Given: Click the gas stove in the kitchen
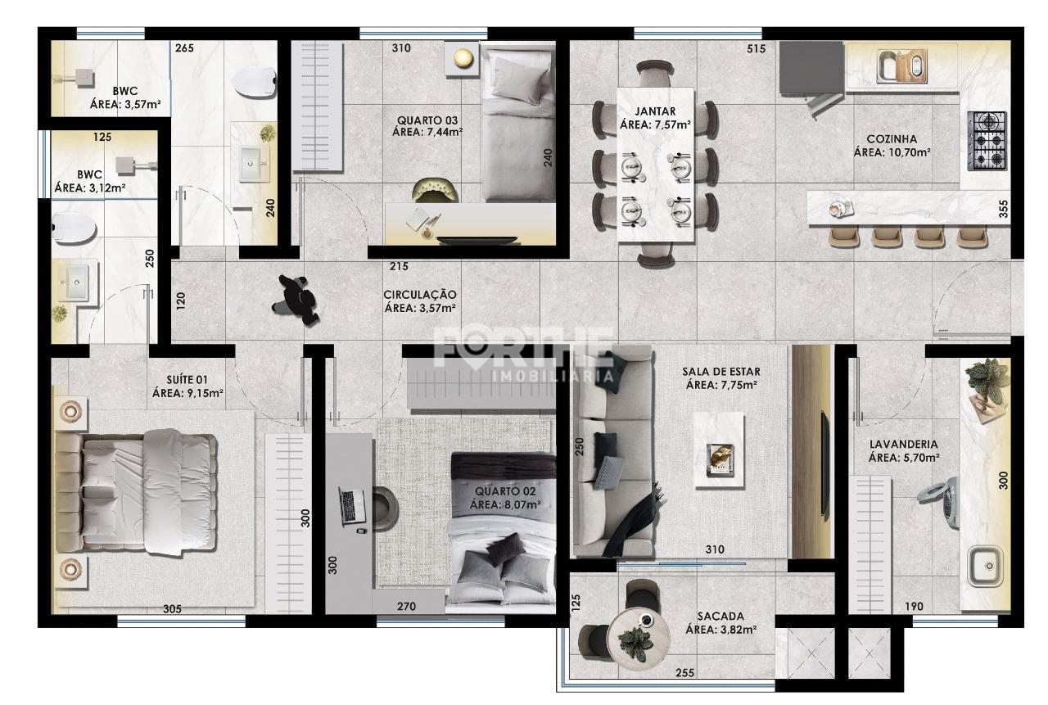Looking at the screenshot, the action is pyautogui.click(x=987, y=141).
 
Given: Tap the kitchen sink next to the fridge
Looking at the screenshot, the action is pyautogui.click(x=901, y=66).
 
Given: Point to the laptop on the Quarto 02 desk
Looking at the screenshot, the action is pyautogui.click(x=352, y=506).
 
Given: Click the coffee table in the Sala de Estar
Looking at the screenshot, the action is pyautogui.click(x=719, y=450).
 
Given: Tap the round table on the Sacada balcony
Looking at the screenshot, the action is pyautogui.click(x=639, y=639).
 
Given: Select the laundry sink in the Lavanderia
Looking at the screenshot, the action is pyautogui.click(x=985, y=566).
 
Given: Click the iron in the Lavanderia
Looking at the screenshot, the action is pyautogui.click(x=939, y=502).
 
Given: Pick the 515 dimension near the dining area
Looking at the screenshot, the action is pyautogui.click(x=756, y=48).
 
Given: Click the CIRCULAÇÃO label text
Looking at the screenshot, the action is pyautogui.click(x=420, y=295).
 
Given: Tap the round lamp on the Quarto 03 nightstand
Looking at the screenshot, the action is pyautogui.click(x=463, y=58).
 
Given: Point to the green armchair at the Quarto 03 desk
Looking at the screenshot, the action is pyautogui.click(x=435, y=190).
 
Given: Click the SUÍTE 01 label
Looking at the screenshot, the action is pyautogui.click(x=187, y=380).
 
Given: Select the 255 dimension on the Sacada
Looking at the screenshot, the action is pyautogui.click(x=684, y=673).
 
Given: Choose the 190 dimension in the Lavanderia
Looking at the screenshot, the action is pyautogui.click(x=914, y=607).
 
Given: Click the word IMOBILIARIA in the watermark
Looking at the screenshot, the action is pyautogui.click(x=552, y=376).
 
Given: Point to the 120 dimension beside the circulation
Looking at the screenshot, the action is pyautogui.click(x=181, y=301).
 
